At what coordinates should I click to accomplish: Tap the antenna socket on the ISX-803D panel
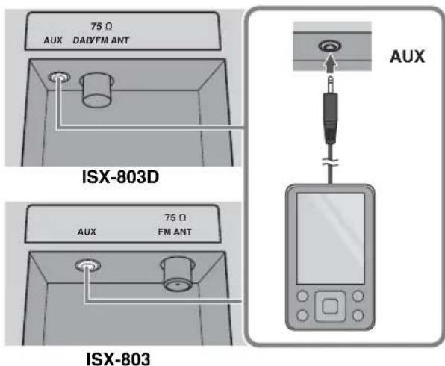(x=96, y=87)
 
